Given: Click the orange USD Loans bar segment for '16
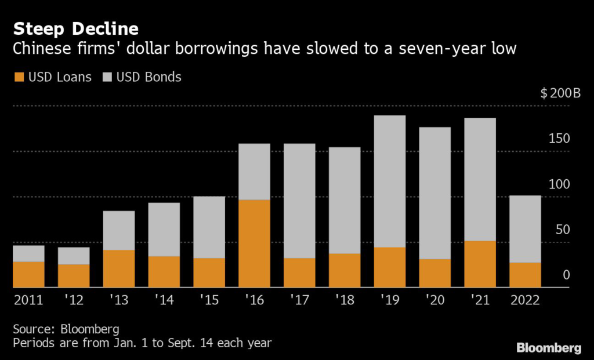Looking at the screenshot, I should coord(255,243).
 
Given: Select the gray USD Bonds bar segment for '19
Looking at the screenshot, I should coord(390,181).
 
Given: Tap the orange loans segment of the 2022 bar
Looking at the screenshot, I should coord(526,275).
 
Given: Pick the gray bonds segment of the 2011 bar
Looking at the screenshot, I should coord(28,253).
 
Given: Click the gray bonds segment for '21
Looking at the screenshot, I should coord(480,179).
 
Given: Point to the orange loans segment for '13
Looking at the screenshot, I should coord(119,268).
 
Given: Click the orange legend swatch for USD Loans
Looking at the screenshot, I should coord(19,77).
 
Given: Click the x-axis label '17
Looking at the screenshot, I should coord(300,300).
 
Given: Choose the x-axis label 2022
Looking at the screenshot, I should coord(524,300).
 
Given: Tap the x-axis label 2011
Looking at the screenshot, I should coord(28,300).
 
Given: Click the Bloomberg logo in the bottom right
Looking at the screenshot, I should coord(548,348).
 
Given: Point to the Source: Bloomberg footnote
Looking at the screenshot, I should coord(66,329).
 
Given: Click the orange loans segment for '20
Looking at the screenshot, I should coord(435,273).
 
